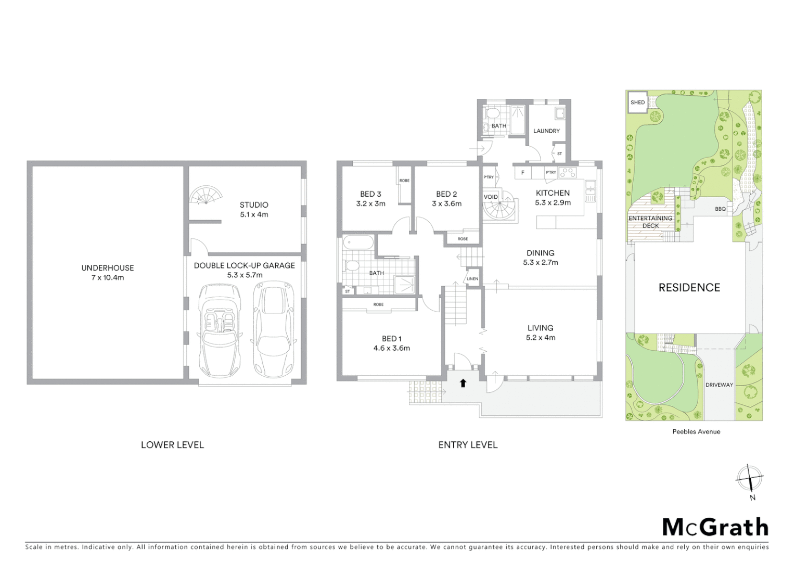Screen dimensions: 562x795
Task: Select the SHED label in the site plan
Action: pos(637,103)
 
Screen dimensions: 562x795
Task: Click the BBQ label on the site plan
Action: pos(720,209)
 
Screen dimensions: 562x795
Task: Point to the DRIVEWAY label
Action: pos(719,385)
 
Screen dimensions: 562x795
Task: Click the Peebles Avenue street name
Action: pos(696,431)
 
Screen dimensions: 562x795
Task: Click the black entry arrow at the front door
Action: pos(463,384)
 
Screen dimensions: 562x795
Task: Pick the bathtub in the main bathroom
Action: pos(358,243)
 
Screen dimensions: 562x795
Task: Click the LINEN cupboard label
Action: pos(472,279)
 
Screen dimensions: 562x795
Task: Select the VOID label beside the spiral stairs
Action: pos(491,197)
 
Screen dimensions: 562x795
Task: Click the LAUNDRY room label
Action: pos(546,131)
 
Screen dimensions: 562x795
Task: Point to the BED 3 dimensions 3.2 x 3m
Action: pos(370,204)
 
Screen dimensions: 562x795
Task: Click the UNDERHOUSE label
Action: pos(107,268)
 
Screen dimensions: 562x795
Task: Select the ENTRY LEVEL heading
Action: pos(468,445)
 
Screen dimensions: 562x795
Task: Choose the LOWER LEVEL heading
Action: pos(172,445)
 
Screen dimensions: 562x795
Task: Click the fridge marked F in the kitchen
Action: pos(522,172)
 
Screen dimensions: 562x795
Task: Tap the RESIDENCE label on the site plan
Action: pos(689,288)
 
